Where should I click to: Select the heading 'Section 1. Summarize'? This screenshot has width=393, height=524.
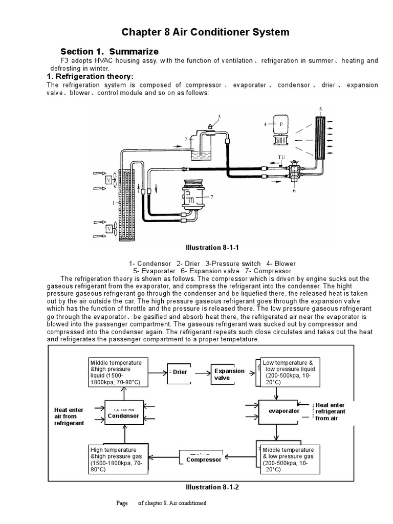(110, 52)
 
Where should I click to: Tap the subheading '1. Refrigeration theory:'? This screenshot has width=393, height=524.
(91, 77)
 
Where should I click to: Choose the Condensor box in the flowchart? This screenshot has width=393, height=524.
(123, 412)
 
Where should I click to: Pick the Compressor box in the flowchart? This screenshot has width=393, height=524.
(203, 457)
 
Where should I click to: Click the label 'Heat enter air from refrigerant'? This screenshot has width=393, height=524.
(69, 417)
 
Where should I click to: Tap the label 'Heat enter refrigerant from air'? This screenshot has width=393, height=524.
(330, 411)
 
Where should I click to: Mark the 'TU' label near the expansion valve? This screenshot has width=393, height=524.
(281, 157)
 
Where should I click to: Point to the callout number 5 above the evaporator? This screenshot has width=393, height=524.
(320, 109)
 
